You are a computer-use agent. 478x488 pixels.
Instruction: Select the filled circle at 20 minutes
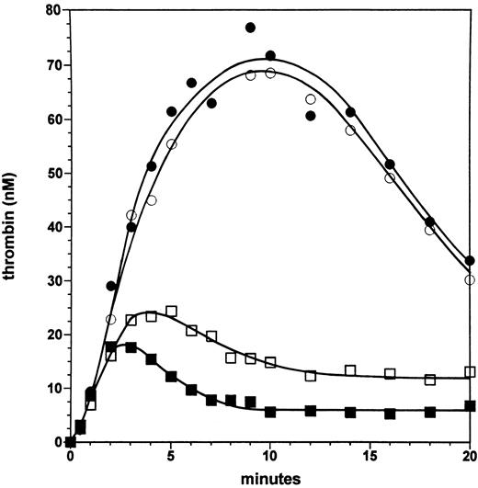click(x=471, y=260)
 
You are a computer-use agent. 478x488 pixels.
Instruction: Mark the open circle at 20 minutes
click(x=471, y=279)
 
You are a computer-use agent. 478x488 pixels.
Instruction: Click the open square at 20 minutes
click(x=471, y=372)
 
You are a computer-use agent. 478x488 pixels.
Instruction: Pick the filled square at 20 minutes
click(x=471, y=405)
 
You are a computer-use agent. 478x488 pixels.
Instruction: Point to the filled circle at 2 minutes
click(x=111, y=286)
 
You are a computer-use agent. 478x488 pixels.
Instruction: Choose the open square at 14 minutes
click(x=350, y=370)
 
